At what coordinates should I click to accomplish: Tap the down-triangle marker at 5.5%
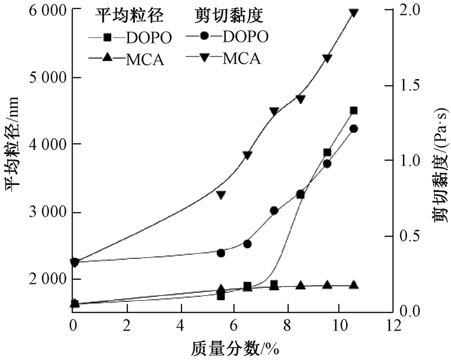(x=221, y=195)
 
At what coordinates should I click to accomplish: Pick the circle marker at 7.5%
(x=274, y=210)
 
